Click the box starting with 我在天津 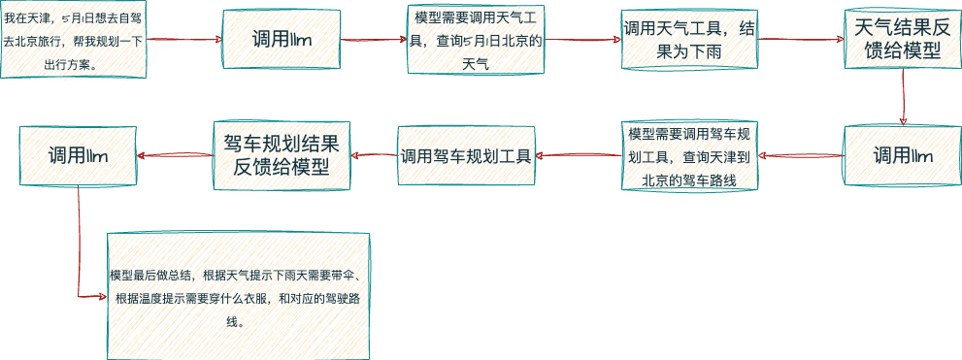(x=73, y=40)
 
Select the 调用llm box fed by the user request (x=282, y=40)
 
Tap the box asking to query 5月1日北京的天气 (x=476, y=40)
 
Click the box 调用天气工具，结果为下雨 (x=689, y=41)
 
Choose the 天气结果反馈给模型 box (x=902, y=41)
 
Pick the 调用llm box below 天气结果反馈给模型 (x=902, y=155)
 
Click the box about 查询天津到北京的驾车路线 (x=689, y=155)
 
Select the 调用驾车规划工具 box (x=466, y=155)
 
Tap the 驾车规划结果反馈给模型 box (x=281, y=155)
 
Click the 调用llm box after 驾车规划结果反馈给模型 (x=78, y=155)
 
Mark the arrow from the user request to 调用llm (x=183, y=40)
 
